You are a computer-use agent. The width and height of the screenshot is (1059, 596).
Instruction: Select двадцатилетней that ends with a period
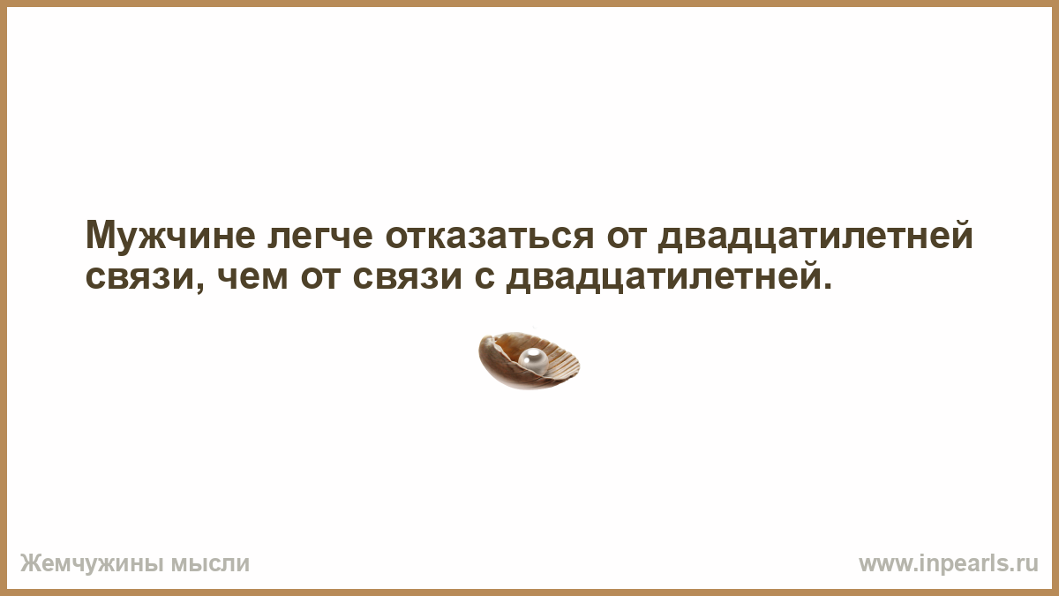(x=664, y=275)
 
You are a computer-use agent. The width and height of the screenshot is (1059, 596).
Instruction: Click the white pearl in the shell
(x=533, y=360)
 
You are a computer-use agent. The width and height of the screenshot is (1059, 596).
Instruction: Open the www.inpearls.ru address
(x=949, y=564)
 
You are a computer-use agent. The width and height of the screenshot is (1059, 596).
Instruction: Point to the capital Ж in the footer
(x=30, y=563)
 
